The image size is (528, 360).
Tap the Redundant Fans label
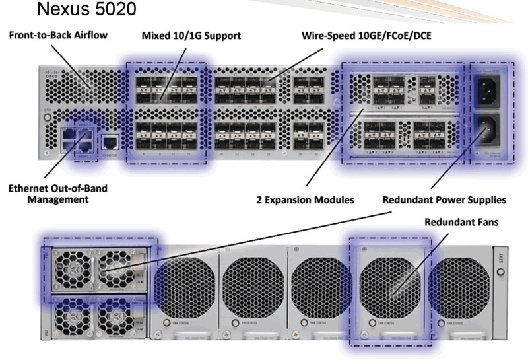click(x=461, y=223)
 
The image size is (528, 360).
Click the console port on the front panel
click(x=111, y=141)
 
